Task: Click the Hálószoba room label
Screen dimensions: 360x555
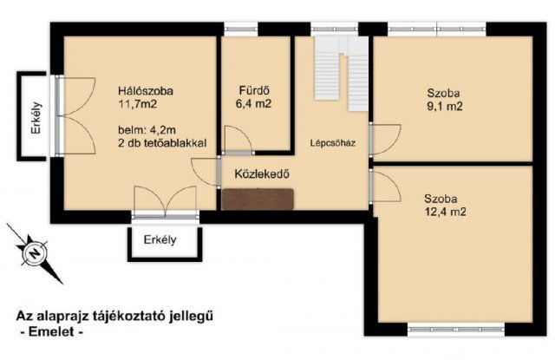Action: click(x=146, y=90)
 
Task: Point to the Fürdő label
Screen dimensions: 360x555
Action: click(x=255, y=90)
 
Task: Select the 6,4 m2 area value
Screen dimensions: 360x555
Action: click(x=254, y=104)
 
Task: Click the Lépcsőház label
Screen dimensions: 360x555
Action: click(x=331, y=144)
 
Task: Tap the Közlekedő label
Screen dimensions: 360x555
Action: click(x=261, y=173)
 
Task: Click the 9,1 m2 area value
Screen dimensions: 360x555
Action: click(x=443, y=108)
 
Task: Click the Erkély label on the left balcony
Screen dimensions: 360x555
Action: click(x=29, y=118)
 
